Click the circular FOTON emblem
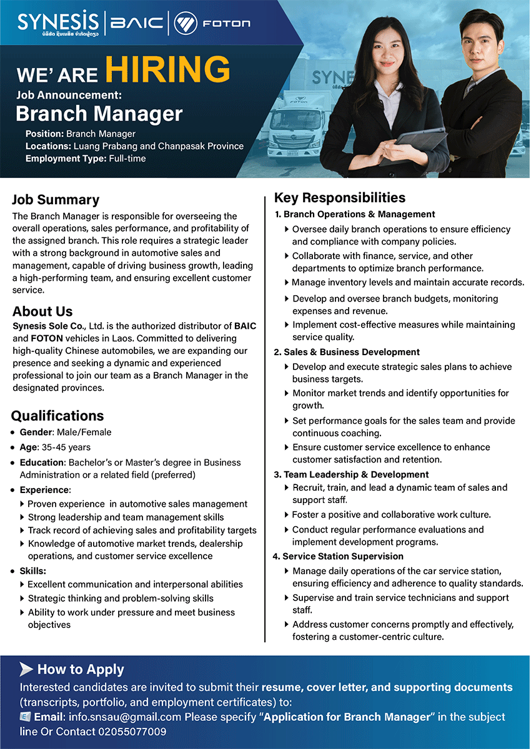tap(185, 24)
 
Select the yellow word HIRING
tap(167, 69)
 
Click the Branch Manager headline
tap(99, 114)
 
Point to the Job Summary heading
tap(56, 200)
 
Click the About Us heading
tap(42, 311)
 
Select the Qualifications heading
tap(57, 416)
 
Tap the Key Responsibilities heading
tap(340, 198)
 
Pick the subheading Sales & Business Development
tap(351, 352)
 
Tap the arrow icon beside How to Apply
tap(26, 669)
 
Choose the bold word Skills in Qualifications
tap(32, 570)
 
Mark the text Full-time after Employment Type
tap(127, 159)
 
